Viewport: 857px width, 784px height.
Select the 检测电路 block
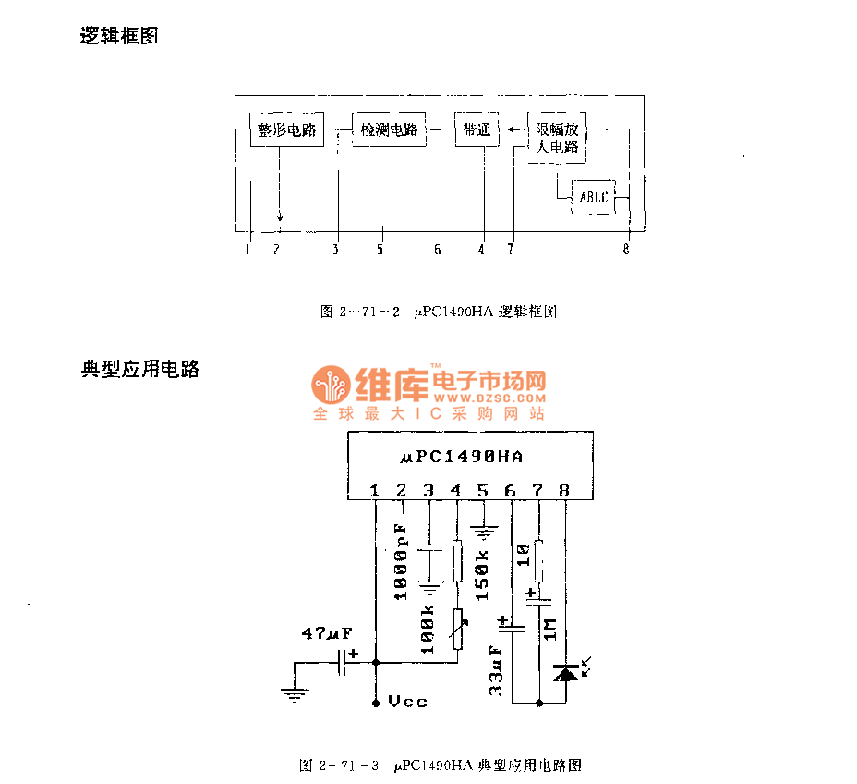pyautogui.click(x=389, y=130)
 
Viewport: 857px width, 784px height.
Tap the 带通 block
pyautogui.click(x=477, y=130)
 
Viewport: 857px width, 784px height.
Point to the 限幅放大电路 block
pyautogui.click(x=558, y=138)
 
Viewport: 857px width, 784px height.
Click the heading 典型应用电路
pyautogui.click(x=139, y=370)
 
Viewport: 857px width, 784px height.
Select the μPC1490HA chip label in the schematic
pyautogui.click(x=463, y=456)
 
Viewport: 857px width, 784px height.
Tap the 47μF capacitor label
pyautogui.click(x=326, y=633)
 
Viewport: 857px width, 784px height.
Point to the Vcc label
pyautogui.click(x=407, y=702)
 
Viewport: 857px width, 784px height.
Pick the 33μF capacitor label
pyautogui.click(x=496, y=671)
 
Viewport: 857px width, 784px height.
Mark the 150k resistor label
pyautogui.click(x=482, y=575)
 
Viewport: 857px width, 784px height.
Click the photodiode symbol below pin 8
pyautogui.click(x=565, y=673)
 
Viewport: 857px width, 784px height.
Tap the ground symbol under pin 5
pyautogui.click(x=483, y=532)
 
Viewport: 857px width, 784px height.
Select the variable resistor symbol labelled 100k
pyautogui.click(x=457, y=629)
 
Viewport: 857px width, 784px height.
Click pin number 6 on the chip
pyautogui.click(x=511, y=491)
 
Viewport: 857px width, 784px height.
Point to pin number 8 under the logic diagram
pyautogui.click(x=626, y=248)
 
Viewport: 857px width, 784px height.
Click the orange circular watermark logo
pyautogui.click(x=329, y=383)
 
